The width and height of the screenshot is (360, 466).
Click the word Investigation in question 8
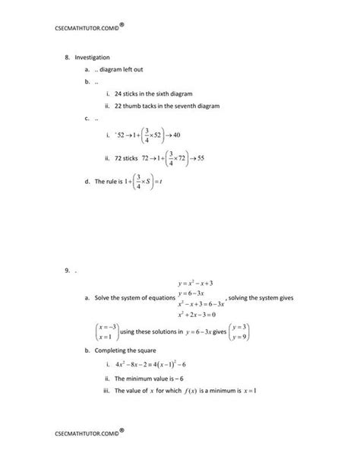click(92, 56)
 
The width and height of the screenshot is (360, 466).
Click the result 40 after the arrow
click(176, 135)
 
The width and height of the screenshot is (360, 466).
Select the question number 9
click(67, 269)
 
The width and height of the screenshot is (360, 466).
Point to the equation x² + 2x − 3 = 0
click(199, 314)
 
